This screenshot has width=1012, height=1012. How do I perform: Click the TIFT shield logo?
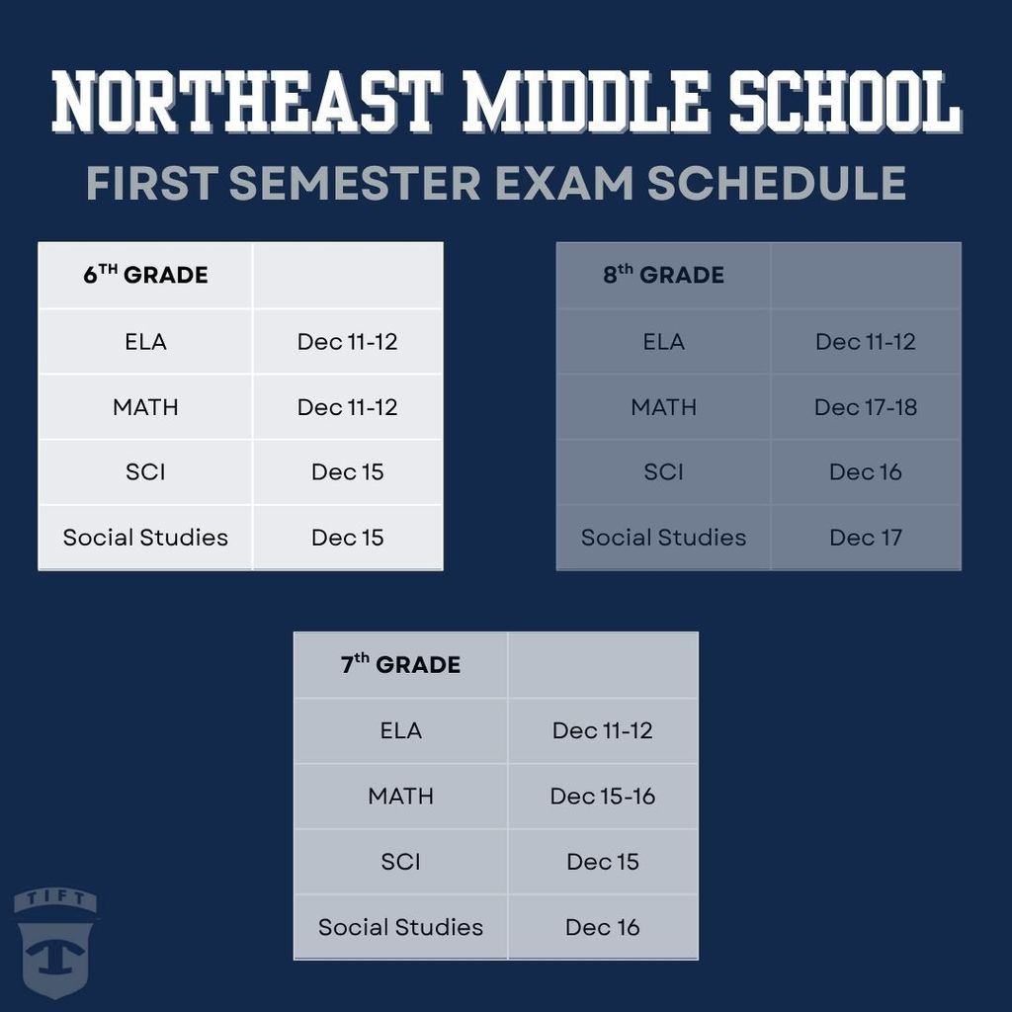pos(54,943)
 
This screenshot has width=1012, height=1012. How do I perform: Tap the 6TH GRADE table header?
pos(145,275)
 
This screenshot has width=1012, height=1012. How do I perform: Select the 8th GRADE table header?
pos(663,275)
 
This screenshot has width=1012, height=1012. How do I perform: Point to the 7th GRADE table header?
pos(400,664)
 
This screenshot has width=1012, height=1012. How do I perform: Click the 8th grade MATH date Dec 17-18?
pos(866,407)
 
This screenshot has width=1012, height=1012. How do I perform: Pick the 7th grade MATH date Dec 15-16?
pos(603,797)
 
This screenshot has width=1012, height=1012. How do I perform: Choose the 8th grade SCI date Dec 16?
pos(866,472)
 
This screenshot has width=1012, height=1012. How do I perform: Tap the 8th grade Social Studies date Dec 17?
pos(866,538)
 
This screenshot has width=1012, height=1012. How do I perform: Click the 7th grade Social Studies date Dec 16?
pos(603,927)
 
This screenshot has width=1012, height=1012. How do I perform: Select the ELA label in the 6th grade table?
pos(145,342)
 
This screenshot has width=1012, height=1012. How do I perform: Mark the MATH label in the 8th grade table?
pos(663,407)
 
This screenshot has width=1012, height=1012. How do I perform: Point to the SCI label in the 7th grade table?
pos(400,862)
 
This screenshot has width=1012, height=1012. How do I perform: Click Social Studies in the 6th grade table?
pos(145,538)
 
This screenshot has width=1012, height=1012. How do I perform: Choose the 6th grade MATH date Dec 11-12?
pos(347,407)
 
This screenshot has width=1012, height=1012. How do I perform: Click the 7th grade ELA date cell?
pos(603,731)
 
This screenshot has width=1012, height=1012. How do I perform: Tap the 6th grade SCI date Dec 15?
pos(347,472)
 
